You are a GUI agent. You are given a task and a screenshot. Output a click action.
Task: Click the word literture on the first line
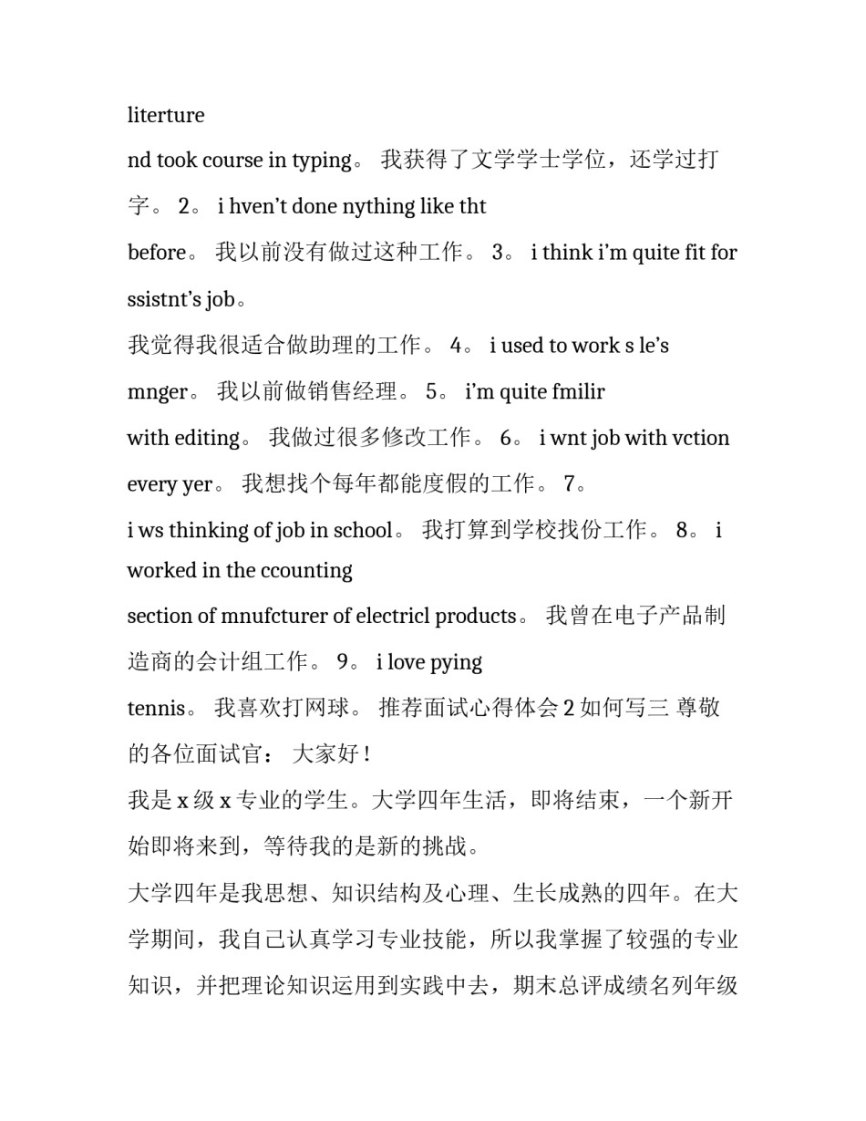point(166,115)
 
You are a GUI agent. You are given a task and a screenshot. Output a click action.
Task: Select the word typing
point(321,161)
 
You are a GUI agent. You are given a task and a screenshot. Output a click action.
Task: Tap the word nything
point(379,207)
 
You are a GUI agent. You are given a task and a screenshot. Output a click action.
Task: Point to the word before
point(157,253)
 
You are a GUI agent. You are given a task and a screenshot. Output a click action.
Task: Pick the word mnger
point(157,392)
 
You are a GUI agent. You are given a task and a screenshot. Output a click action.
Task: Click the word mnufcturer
point(274,617)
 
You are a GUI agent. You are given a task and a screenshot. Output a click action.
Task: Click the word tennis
point(157,709)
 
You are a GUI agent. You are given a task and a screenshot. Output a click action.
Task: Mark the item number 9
point(343,662)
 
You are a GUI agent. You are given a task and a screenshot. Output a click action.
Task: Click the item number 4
point(456,346)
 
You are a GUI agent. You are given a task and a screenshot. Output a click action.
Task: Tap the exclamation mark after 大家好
point(366,755)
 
